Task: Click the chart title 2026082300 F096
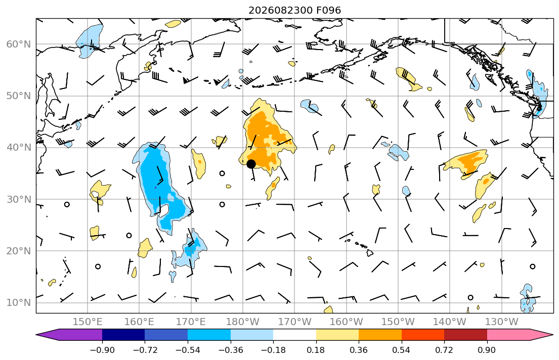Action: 294,10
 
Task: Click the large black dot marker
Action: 251,164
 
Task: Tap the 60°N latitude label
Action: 19,44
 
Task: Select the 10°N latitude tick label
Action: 19,303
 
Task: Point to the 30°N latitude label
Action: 19,199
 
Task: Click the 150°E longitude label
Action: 88,322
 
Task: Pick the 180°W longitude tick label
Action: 243,322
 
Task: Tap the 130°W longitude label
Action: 502,322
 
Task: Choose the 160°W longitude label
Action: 346,322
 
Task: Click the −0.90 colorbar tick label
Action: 102,350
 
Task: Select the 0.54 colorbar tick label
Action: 402,350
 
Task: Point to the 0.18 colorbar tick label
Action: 316,350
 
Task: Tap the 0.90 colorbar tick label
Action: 487,350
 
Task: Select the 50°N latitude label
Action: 19,96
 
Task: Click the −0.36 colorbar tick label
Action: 231,350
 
